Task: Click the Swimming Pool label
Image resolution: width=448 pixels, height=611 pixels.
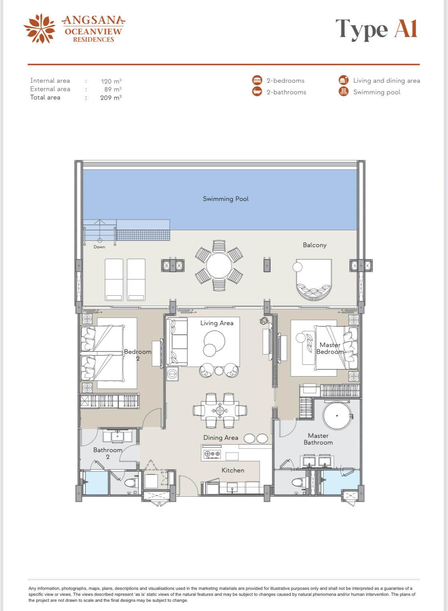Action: (x=226, y=199)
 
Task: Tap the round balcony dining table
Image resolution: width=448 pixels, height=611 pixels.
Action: (x=219, y=265)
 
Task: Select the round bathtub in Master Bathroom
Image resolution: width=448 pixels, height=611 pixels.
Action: (x=337, y=416)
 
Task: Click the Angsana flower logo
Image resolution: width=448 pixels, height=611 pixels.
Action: (x=40, y=29)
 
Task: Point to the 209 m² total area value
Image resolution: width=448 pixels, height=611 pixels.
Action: (x=111, y=98)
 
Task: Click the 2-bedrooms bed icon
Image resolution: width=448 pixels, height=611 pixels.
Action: (x=257, y=80)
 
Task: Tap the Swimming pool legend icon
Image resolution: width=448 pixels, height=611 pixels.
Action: (x=344, y=92)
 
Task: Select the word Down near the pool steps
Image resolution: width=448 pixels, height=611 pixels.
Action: (x=99, y=247)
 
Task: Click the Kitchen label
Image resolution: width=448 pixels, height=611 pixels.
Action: (x=233, y=470)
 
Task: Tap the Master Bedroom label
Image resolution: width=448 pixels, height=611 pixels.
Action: (x=330, y=348)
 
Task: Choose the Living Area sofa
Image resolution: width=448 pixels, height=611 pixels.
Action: (x=177, y=342)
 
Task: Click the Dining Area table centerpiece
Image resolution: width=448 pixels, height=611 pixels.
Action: (x=220, y=410)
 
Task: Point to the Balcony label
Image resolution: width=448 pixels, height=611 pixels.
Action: (x=315, y=245)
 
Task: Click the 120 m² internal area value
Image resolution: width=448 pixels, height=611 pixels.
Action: (x=112, y=81)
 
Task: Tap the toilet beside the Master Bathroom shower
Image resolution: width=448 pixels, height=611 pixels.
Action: (x=299, y=482)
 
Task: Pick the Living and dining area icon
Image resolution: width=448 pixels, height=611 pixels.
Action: (x=344, y=80)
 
